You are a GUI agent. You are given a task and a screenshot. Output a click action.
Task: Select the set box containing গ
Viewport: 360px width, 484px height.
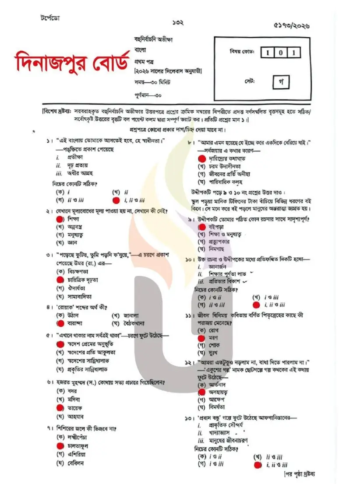coord(280,82)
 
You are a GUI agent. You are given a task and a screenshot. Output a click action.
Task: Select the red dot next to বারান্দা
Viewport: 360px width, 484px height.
coord(60,323)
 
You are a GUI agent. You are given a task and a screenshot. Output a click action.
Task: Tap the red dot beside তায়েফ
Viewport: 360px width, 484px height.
coord(60,407)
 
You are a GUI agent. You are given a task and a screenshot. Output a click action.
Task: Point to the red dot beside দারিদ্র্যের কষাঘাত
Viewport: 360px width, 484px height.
coord(202,158)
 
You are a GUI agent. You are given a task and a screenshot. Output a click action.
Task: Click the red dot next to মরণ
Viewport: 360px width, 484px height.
coord(202,338)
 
